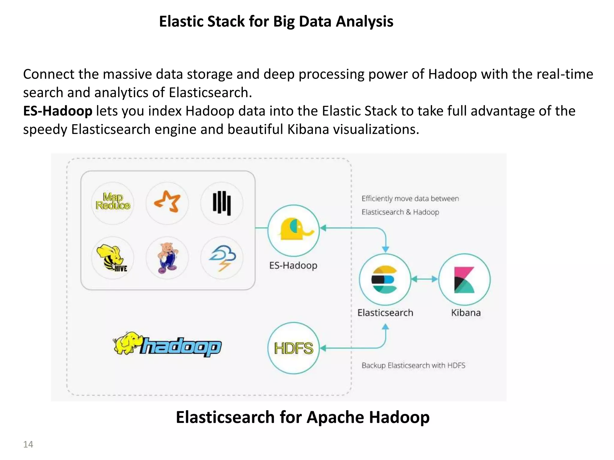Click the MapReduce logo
pyautogui.click(x=113, y=202)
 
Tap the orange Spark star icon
pyautogui.click(x=167, y=202)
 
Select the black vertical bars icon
pyautogui.click(x=222, y=203)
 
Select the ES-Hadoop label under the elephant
pyautogui.click(x=293, y=266)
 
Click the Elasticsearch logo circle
pyautogui.click(x=385, y=279)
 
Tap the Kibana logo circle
pyautogui.click(x=464, y=279)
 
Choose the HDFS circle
pyautogui.click(x=294, y=348)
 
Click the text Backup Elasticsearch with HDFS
pyautogui.click(x=413, y=366)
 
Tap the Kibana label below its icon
pyautogui.click(x=466, y=313)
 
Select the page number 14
pyautogui.click(x=28, y=444)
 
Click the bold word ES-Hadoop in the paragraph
pyautogui.click(x=58, y=111)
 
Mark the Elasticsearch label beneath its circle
pyautogui.click(x=385, y=313)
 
